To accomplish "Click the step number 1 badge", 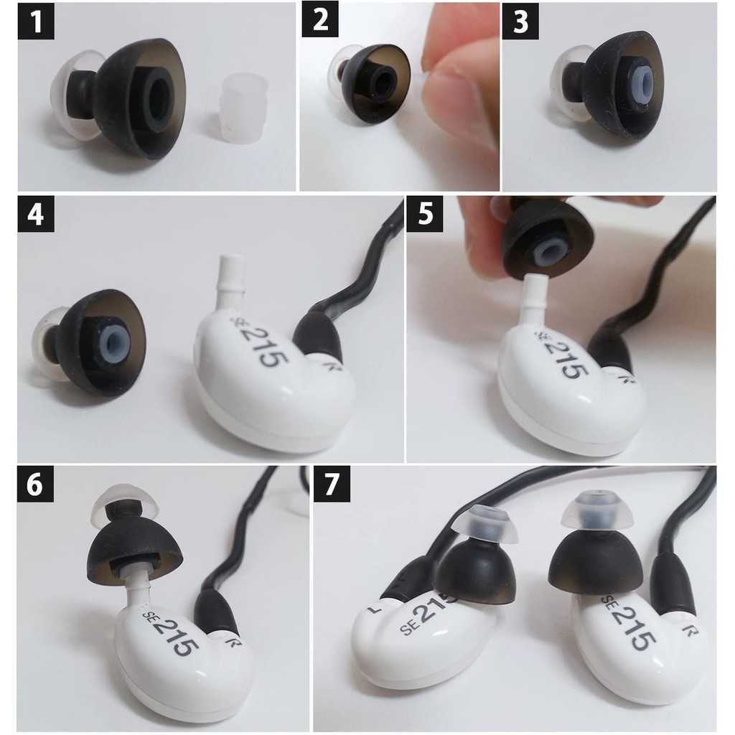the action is click(x=36, y=22).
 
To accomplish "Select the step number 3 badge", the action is click(x=520, y=22).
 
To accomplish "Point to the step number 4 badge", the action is click(x=36, y=214).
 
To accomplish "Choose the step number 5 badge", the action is click(x=425, y=214).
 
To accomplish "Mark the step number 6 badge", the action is click(x=36, y=484).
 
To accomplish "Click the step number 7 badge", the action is click(x=332, y=484).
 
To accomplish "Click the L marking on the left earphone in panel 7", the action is click(x=373, y=611).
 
